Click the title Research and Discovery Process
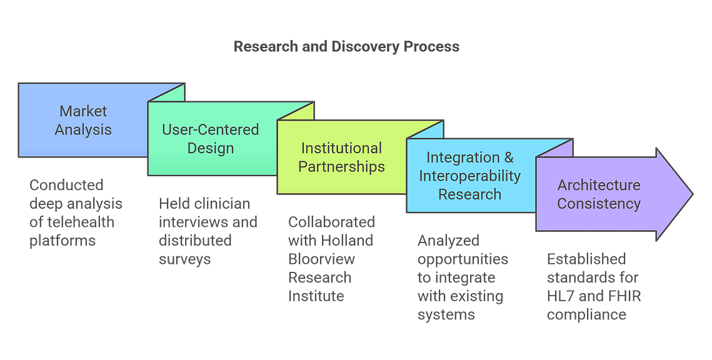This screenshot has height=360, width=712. tap(346, 46)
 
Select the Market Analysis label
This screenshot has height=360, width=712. tap(83, 120)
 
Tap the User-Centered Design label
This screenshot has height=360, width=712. tap(211, 139)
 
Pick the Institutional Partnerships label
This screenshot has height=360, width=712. tap(341, 157)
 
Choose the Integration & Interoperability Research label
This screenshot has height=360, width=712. tap(470, 176)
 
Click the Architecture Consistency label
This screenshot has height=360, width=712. tap(599, 194)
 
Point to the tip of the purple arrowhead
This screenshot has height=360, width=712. tap(693, 194)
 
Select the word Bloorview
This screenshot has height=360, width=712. tap(321, 259)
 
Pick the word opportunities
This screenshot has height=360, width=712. tap(463, 259)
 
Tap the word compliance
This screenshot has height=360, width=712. tap(587, 314)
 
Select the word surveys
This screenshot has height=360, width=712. tap(185, 259)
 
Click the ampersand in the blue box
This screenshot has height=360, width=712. tap(509, 157)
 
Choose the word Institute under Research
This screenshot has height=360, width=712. tap(316, 296)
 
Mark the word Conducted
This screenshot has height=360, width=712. tap(66, 185)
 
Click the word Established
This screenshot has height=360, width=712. tap(586, 259)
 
